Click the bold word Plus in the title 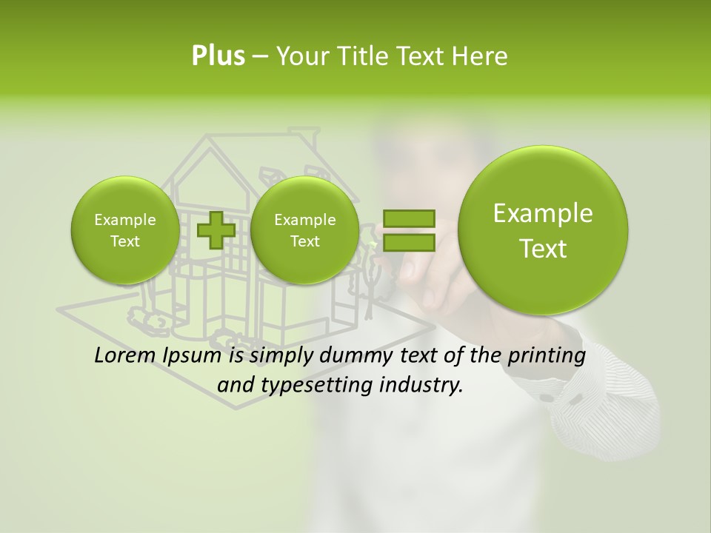218,56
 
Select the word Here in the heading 481,56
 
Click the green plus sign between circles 216,229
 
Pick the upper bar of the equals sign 409,218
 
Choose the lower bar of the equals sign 409,243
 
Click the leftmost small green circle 124,229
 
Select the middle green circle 304,229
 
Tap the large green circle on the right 543,229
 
